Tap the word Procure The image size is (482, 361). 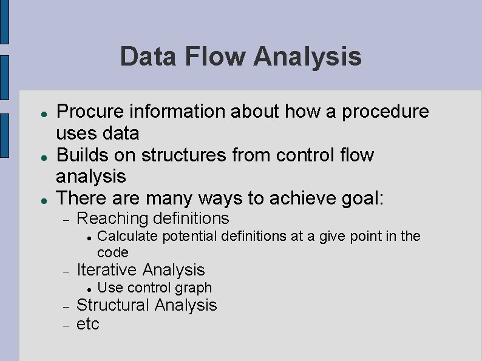90,112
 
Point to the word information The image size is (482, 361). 181,112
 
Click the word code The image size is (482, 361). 113,252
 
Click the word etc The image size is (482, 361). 87,323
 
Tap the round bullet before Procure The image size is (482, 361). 37,112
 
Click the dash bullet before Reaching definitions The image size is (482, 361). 68,219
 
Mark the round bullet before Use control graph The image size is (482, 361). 89,288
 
